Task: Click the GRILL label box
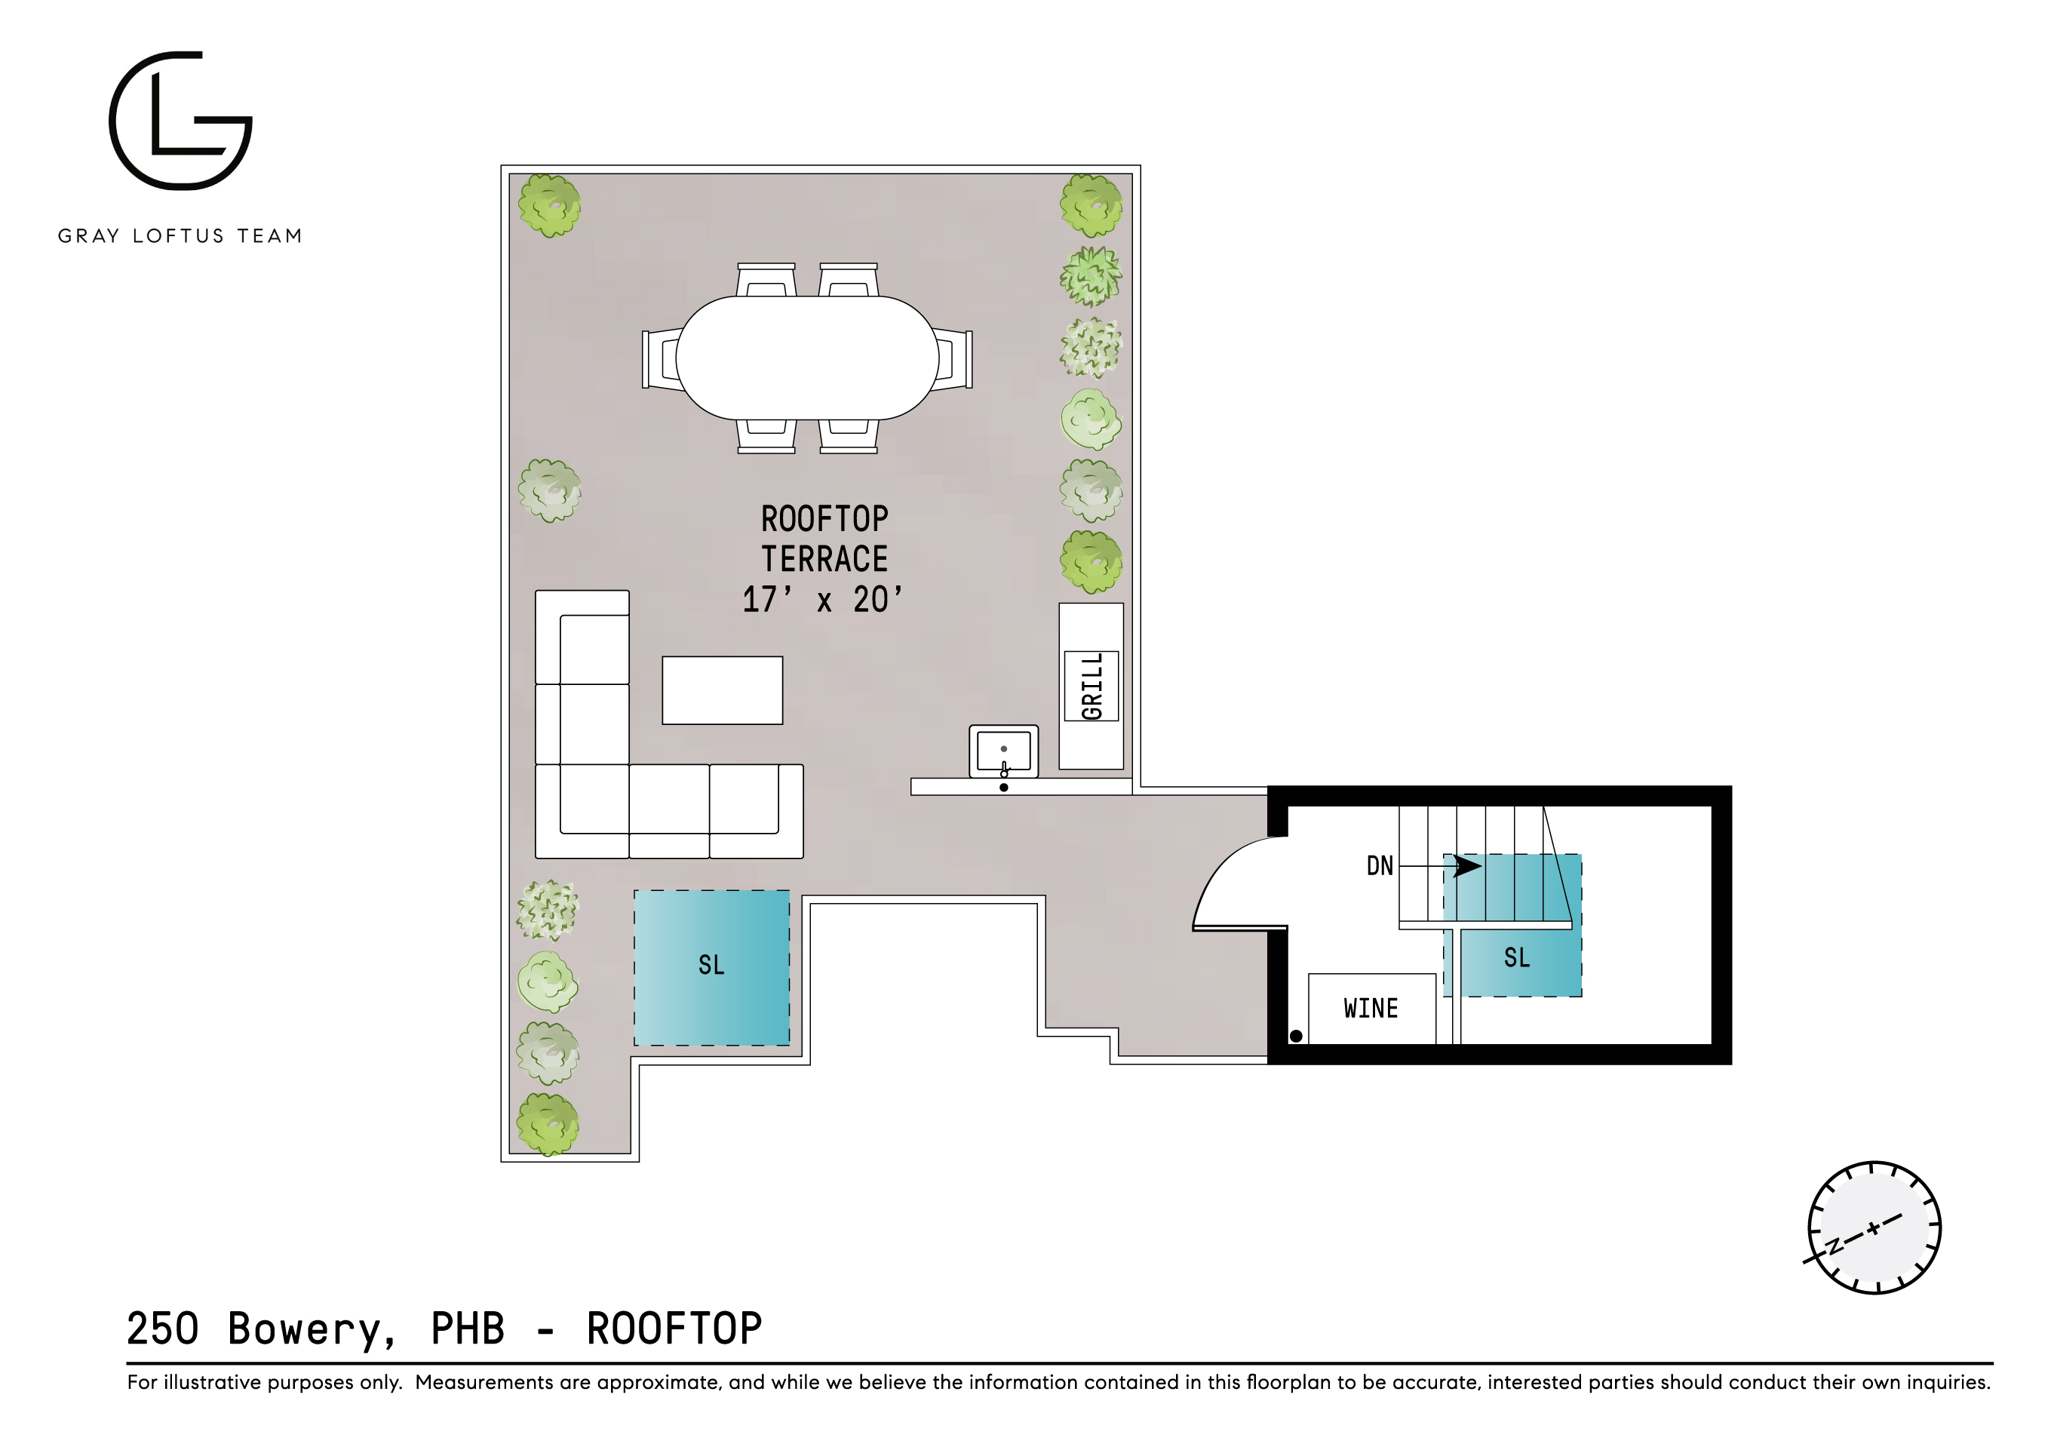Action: coord(1091,685)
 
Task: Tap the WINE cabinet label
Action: coord(1371,1009)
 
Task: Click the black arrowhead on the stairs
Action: coord(1466,866)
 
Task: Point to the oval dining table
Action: coord(806,358)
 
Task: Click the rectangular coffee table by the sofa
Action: coord(722,690)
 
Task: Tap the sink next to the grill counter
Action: coord(1003,751)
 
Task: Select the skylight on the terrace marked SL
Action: coord(711,966)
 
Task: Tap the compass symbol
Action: coord(1873,1227)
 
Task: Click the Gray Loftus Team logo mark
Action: coord(180,121)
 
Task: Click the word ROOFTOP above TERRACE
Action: coord(824,519)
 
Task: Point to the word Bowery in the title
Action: coord(310,1329)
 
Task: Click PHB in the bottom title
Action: coord(467,1329)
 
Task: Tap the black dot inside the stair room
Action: coord(1295,1037)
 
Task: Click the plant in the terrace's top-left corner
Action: coord(549,205)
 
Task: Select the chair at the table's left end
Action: coord(661,358)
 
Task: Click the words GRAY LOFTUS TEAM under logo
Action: coord(180,236)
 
